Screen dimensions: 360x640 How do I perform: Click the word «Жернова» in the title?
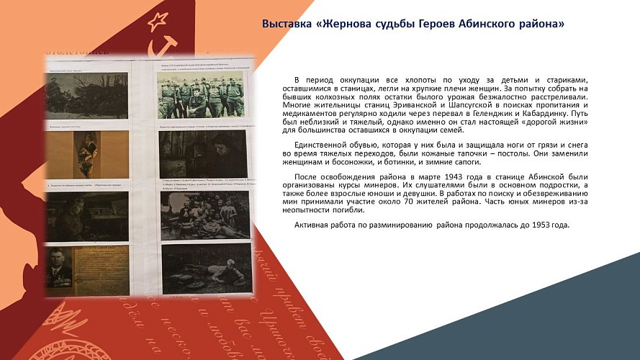pos(348,24)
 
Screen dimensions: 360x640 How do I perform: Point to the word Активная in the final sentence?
pos(312,225)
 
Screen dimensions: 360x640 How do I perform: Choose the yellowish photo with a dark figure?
pos(87,155)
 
